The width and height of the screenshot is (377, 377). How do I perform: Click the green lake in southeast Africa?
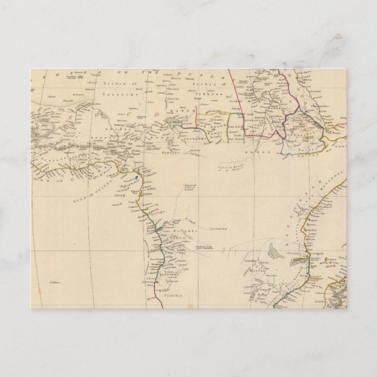(x=272, y=252)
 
